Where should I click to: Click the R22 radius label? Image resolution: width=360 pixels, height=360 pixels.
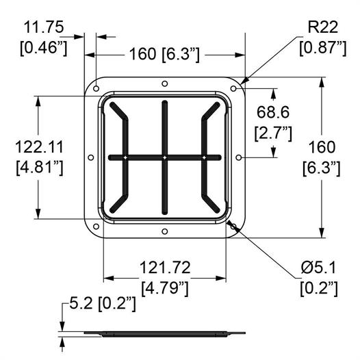322,27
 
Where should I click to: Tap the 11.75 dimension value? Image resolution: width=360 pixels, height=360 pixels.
44,27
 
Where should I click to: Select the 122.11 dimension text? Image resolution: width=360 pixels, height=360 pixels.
39,147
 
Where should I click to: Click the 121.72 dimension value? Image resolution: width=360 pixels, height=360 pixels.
165,267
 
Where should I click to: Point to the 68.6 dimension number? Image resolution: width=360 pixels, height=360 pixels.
273,112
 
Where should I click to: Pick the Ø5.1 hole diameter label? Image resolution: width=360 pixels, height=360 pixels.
318,268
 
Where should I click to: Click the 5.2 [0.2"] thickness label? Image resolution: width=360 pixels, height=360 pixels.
103,303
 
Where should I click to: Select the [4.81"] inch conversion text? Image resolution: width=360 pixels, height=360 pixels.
40,168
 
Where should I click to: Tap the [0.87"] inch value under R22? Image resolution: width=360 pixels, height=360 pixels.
322,48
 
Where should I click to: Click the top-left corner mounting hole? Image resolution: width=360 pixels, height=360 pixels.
97,88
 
